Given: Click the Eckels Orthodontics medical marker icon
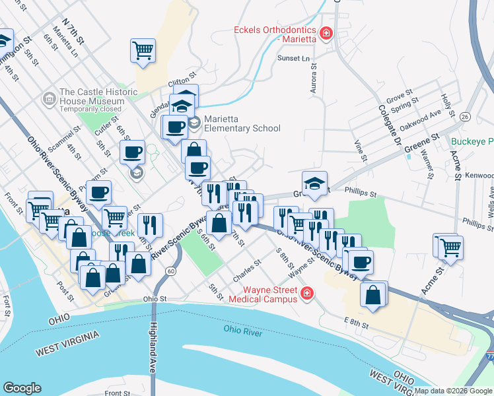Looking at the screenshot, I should coord(326,32).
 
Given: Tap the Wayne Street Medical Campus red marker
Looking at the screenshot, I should coord(306,293).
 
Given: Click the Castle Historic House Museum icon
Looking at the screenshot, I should coord(48,100).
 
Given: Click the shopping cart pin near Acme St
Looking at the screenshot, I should coord(450,247).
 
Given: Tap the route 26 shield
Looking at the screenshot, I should coord(465,116).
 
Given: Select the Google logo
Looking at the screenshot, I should coord(22,388).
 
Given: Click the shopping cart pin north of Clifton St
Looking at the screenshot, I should coord(143,49).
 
